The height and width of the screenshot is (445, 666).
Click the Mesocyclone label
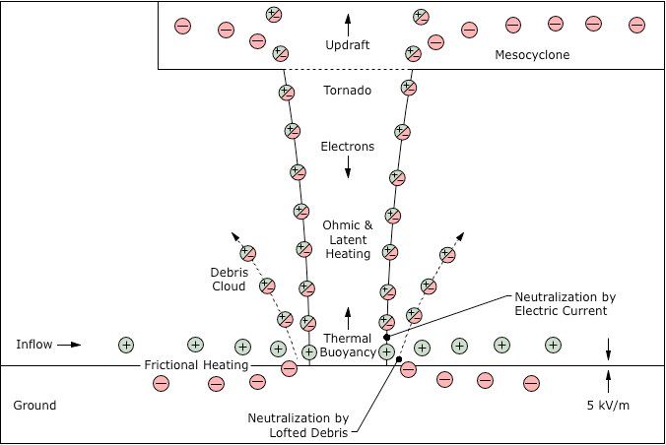click(x=532, y=55)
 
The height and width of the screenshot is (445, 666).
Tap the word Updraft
click(x=348, y=45)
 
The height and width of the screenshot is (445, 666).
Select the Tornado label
click(x=348, y=92)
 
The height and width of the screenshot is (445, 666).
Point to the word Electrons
click(x=348, y=147)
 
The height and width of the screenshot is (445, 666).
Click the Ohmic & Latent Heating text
click(x=348, y=239)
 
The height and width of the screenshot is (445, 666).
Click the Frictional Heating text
click(x=188, y=366)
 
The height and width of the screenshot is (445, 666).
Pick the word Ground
click(x=34, y=406)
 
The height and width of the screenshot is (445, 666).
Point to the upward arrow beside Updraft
click(x=348, y=21)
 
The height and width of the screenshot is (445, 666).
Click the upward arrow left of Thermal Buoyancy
click(x=348, y=315)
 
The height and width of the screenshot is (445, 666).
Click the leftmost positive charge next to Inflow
click(x=126, y=345)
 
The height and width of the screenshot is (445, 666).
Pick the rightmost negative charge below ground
click(x=532, y=382)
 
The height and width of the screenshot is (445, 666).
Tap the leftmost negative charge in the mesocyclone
click(x=182, y=27)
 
